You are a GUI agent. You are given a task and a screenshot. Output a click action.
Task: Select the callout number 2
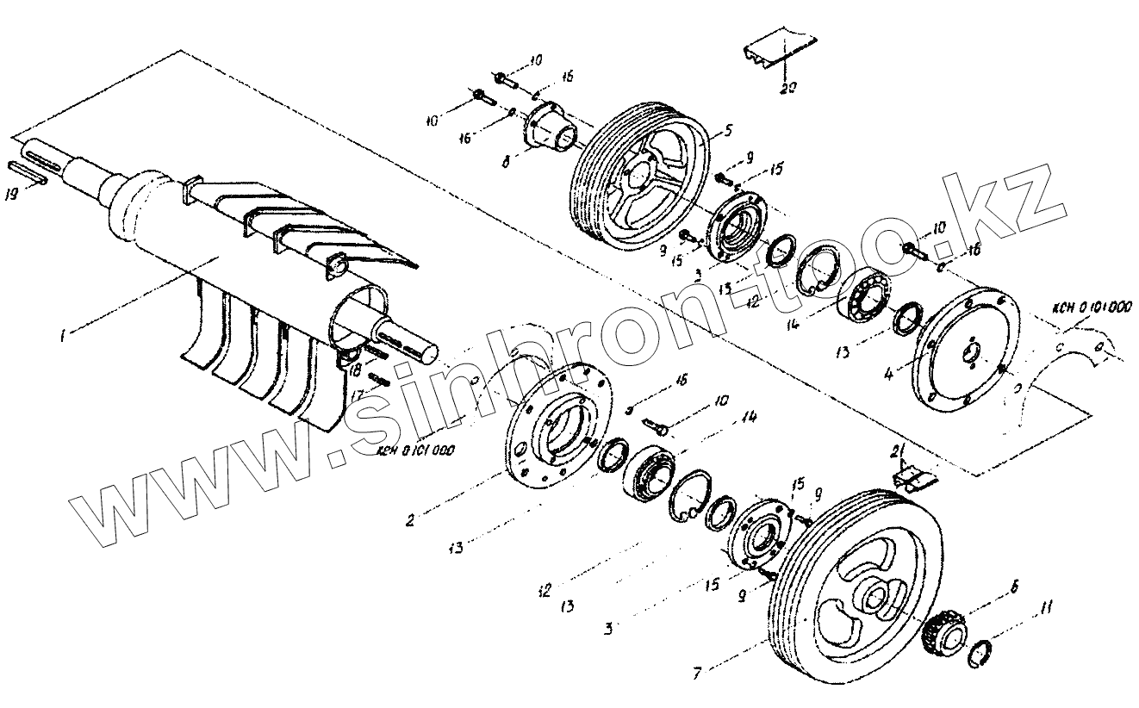pyautogui.click(x=411, y=520)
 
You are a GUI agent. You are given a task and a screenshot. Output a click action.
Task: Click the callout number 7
pyautogui.click(x=697, y=673)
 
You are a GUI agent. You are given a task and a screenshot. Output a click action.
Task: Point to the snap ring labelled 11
pyautogui.click(x=982, y=654)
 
